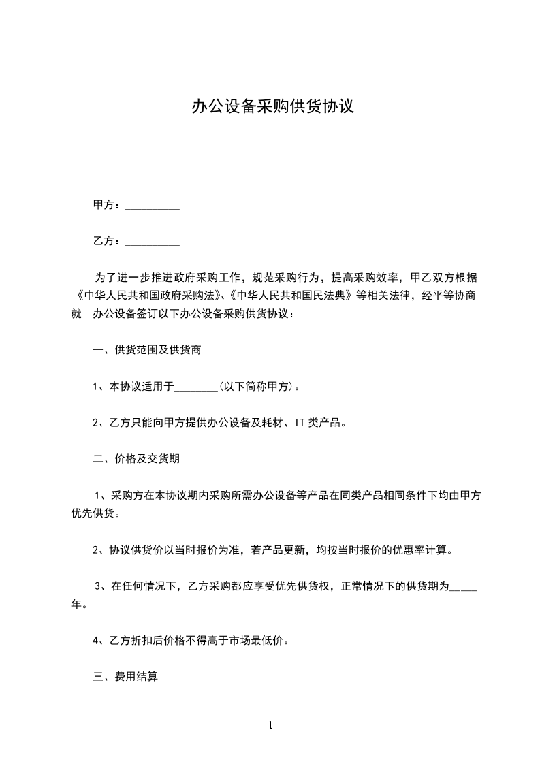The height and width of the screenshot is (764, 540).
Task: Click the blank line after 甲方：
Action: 153,206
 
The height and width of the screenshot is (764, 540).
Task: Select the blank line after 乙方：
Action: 153,241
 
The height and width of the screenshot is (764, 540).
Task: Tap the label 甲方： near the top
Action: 107,205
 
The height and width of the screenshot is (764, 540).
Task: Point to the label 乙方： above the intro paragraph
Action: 107,240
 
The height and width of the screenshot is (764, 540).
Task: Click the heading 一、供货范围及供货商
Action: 146,351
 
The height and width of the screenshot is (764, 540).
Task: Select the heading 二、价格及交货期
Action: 136,459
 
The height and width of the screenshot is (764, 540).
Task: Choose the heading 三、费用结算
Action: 125,677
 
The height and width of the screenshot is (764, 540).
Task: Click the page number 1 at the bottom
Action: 270,725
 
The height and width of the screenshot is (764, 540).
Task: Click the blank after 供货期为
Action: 464,586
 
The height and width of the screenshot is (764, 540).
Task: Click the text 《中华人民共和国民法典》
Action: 291,296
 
